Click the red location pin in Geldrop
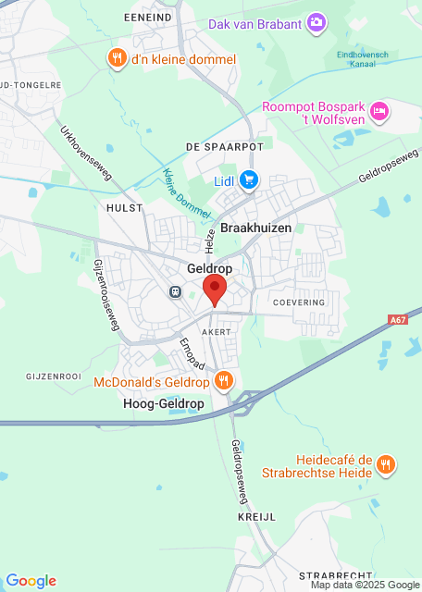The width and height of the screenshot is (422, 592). (x=215, y=288)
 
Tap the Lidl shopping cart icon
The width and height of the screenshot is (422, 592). (x=248, y=179)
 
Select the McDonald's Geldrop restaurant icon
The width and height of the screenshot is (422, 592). (x=223, y=381)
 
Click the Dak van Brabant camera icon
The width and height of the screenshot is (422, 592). (x=316, y=22)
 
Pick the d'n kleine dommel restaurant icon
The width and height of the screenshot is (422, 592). (x=117, y=59)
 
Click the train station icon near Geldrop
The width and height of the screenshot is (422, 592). (x=175, y=291)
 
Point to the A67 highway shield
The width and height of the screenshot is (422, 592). (x=398, y=320)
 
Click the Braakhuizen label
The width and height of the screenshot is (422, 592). (x=256, y=228)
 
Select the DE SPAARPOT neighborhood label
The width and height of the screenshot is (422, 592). (x=224, y=147)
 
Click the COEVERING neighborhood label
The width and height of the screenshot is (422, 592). (x=299, y=302)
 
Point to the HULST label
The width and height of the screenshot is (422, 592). (x=125, y=208)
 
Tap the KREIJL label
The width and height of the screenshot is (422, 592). (x=255, y=517)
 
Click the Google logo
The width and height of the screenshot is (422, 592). (x=31, y=581)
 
